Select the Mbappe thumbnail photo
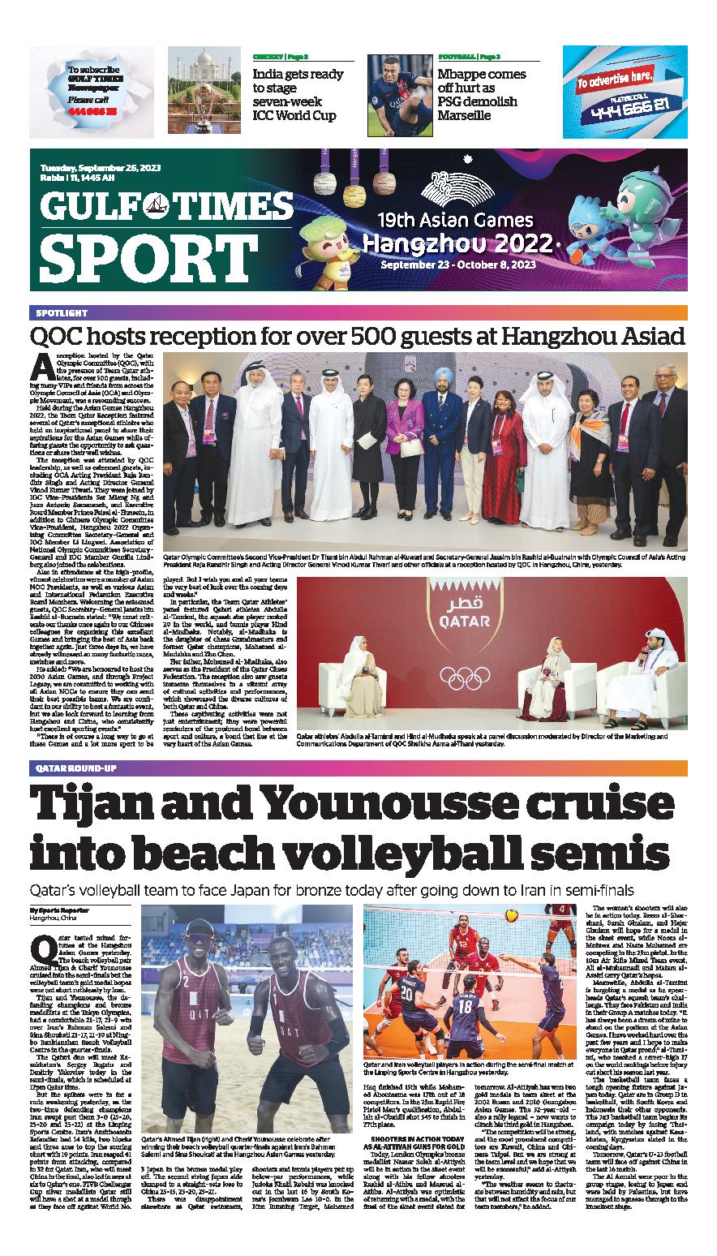tap(398, 88)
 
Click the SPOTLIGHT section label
tap(62, 312)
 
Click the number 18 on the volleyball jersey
tap(464, 1008)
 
